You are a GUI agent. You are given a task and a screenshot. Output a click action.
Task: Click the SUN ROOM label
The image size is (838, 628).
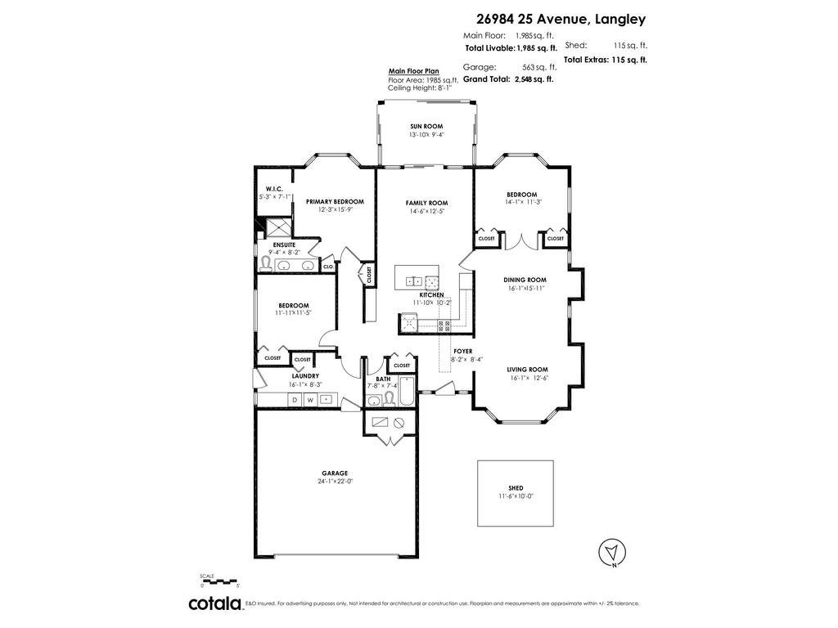(x=426, y=127)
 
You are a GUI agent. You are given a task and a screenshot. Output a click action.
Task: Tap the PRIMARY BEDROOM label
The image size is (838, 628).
(x=335, y=202)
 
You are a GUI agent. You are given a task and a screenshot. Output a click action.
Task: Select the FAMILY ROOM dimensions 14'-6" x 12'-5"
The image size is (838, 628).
(x=426, y=211)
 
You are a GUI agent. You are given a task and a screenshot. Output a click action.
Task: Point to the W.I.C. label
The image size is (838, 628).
(x=274, y=189)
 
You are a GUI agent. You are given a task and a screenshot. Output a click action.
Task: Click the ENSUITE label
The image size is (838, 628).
(x=284, y=244)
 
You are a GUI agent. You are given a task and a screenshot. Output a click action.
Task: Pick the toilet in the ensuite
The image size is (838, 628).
(x=265, y=263)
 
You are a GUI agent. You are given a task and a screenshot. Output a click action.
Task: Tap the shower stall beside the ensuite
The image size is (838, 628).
(x=278, y=227)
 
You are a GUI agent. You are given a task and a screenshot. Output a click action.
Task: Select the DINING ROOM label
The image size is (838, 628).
(x=525, y=280)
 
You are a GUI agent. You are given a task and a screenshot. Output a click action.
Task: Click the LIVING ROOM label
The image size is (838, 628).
(x=528, y=370)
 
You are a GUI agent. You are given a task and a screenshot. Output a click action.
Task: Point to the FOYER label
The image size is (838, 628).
(x=463, y=352)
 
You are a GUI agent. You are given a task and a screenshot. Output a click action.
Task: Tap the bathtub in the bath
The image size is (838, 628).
(x=408, y=392)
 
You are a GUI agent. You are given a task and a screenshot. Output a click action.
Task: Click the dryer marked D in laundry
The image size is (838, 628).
(x=295, y=399)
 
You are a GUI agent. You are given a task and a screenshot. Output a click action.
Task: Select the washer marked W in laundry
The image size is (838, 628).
(x=310, y=399)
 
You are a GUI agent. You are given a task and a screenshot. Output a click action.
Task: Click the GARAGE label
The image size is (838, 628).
(x=335, y=473)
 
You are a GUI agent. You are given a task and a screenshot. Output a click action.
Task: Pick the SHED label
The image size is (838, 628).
(x=516, y=488)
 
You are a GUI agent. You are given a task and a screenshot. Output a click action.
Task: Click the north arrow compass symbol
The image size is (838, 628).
(x=612, y=552)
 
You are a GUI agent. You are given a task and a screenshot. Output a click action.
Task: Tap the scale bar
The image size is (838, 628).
(x=219, y=581)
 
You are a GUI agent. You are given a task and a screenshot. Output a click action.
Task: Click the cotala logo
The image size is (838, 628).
(x=215, y=603)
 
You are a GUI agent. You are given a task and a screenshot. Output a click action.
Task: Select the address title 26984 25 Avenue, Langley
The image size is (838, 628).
(x=561, y=20)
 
